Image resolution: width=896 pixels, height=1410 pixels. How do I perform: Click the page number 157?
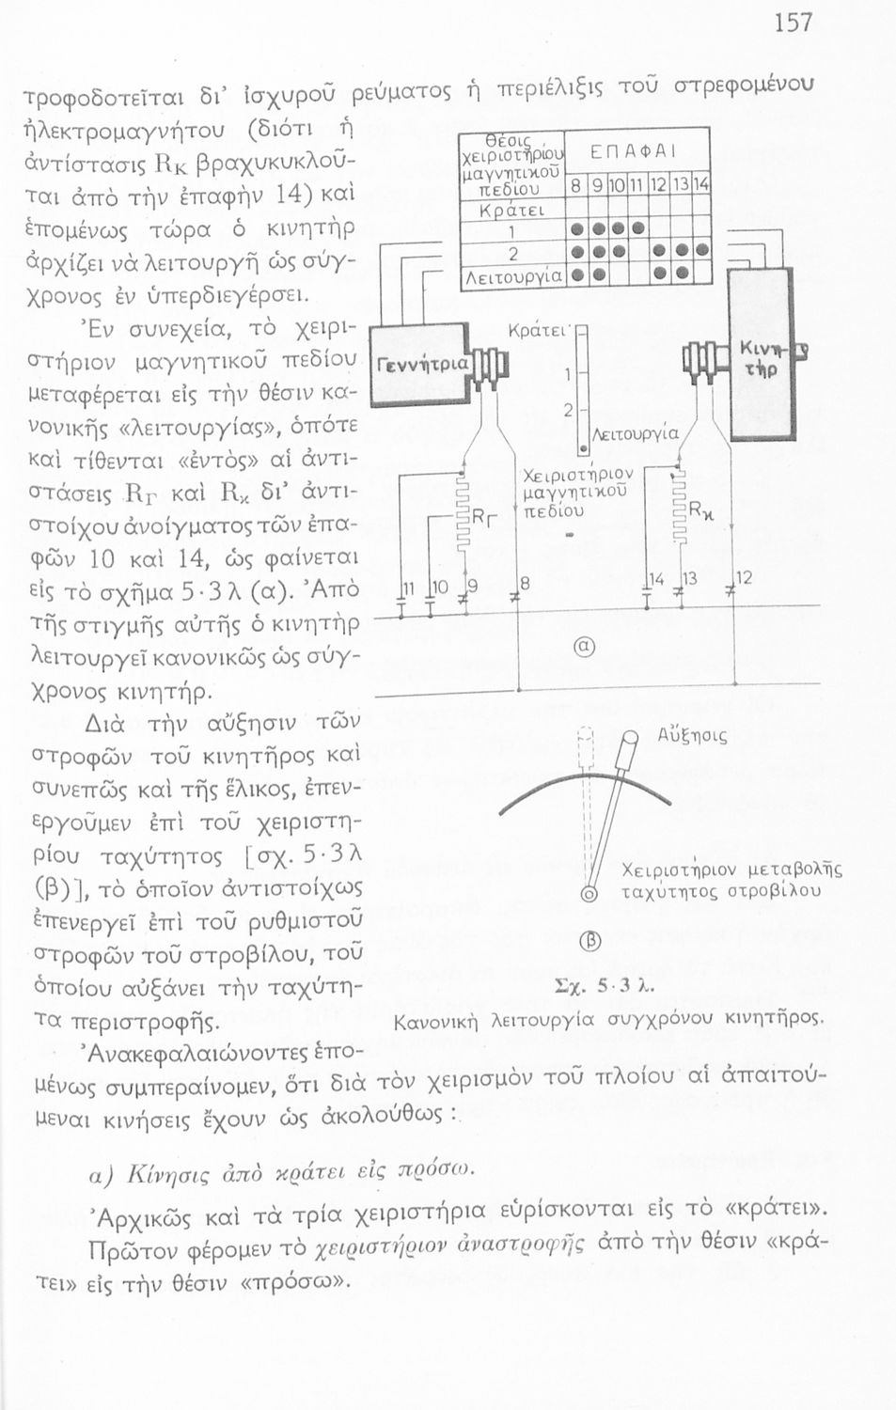[793, 22]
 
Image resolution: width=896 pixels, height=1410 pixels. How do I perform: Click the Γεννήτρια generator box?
[412, 364]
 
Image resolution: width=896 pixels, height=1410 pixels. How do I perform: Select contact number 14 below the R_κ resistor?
[660, 581]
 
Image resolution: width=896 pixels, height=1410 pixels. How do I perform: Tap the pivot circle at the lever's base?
[590, 892]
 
